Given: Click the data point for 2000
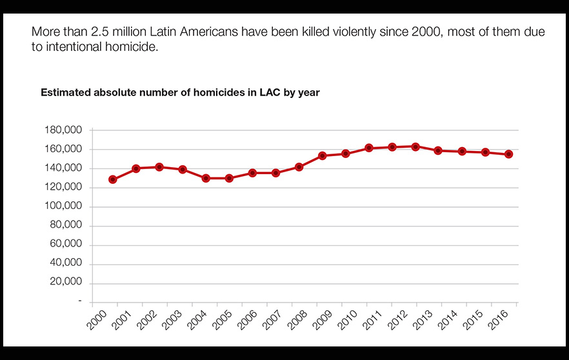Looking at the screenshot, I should pos(113,179).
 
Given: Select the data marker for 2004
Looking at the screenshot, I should pos(206,178).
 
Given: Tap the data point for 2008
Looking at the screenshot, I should pos(299,167).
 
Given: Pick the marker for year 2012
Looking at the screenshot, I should pos(415,146).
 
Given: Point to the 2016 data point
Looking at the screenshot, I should pos(509,154).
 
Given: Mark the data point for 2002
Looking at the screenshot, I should pos(159,167).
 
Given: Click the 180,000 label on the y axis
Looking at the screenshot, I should pos(63,130).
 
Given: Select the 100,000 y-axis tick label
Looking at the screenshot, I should pos(63,206).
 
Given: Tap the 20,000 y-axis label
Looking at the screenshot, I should pos(66,283).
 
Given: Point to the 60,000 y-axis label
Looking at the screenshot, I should pos(66,245).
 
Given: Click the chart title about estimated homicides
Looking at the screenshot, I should pos(180,92).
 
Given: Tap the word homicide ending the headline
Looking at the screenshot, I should pos(132,47).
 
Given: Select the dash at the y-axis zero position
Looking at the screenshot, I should pos(81,301).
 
